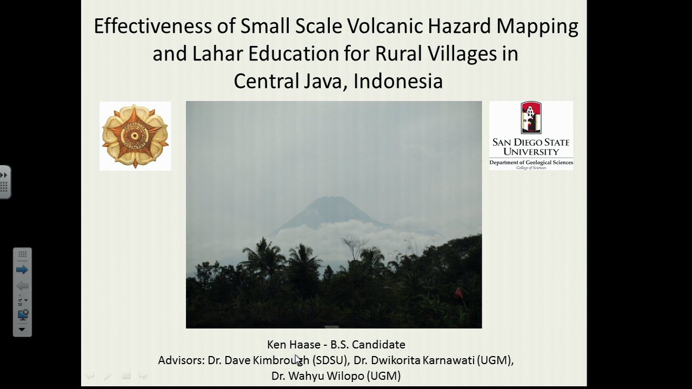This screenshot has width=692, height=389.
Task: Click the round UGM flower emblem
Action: click(135, 136)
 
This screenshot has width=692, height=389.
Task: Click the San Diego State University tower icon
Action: click(531, 117)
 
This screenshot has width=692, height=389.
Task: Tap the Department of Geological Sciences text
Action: click(531, 163)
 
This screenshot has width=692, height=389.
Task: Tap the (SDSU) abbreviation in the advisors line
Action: click(330, 360)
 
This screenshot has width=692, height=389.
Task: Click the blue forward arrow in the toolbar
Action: click(22, 270)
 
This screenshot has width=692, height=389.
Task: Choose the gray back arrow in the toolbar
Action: click(22, 286)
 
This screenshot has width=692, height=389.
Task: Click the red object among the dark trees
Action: click(459, 293)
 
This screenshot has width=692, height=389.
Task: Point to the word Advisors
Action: click(181, 360)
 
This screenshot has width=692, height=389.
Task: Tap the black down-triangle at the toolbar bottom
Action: click(22, 330)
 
